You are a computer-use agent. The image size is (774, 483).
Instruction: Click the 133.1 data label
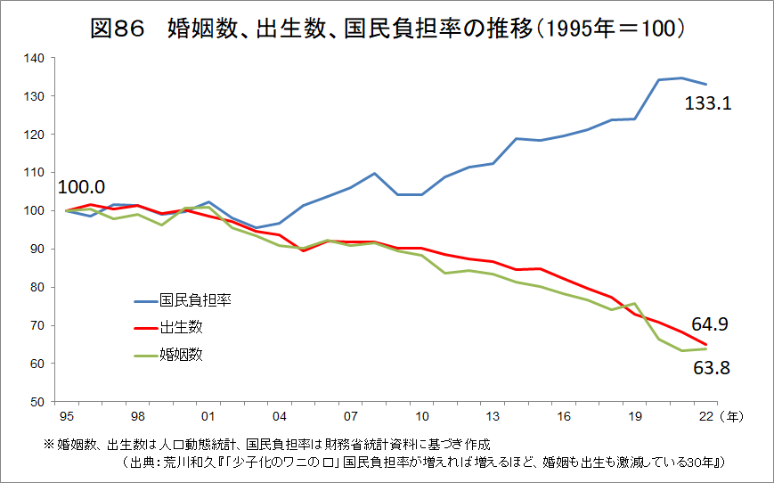tap(708, 104)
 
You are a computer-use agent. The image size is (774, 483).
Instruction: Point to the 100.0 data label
tap(81, 187)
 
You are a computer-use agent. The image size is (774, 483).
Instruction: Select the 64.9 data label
tap(711, 324)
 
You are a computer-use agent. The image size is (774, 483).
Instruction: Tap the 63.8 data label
tap(711, 367)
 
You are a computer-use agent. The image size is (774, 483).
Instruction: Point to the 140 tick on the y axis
tap(35, 58)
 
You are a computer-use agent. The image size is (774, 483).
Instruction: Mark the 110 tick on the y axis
tap(35, 173)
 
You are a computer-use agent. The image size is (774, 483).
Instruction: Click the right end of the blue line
tap(706, 84)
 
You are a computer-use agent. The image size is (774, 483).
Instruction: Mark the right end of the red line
tap(706, 345)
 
